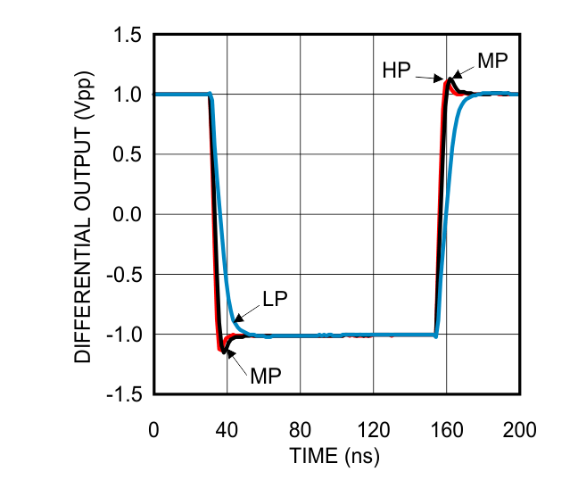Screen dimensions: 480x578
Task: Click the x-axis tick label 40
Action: (227, 430)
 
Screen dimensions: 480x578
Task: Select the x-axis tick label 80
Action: (300, 430)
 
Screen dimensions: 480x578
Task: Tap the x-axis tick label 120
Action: (373, 430)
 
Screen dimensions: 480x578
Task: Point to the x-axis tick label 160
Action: (446, 430)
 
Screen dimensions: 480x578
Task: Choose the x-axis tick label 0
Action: (154, 430)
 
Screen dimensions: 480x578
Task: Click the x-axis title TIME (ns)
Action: (334, 457)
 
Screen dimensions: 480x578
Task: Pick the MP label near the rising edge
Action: (492, 61)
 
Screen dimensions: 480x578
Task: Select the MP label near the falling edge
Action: (266, 375)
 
